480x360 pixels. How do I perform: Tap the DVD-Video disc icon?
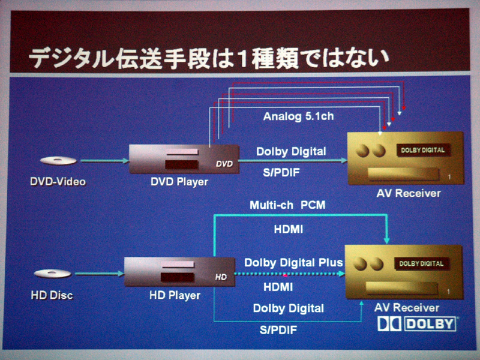click(58, 161)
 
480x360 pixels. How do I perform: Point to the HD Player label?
click(174, 295)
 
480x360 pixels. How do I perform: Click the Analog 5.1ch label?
click(298, 116)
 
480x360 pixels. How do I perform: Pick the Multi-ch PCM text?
click(287, 205)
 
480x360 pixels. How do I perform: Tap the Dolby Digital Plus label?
click(293, 262)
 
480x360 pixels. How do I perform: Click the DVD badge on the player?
click(224, 163)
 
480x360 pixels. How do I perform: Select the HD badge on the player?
click(221, 277)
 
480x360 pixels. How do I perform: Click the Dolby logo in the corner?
click(417, 324)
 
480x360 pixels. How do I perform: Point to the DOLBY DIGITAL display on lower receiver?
click(421, 263)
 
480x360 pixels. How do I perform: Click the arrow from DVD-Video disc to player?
click(103, 161)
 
